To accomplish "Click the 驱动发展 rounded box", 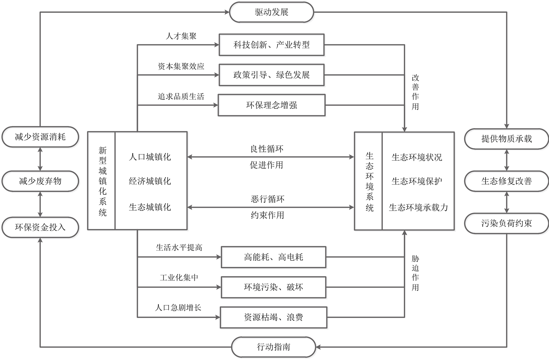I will (x=271, y=12).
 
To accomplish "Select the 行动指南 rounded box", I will (x=273, y=347).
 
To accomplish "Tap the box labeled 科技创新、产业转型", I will (x=271, y=45).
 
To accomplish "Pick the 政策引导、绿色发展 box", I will (x=271, y=75).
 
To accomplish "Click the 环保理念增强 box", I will (x=271, y=105).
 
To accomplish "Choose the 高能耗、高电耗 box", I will (x=273, y=257).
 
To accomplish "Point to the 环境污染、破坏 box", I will (x=273, y=287).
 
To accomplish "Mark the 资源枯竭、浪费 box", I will (x=273, y=317).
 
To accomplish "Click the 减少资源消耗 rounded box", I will (x=40, y=137).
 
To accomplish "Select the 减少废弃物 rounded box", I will (x=40, y=181).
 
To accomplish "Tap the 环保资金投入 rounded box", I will (x=40, y=227).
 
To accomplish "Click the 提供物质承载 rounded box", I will (x=506, y=139).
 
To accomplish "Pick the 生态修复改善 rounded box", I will (x=506, y=181).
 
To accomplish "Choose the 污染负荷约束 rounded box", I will (x=506, y=223).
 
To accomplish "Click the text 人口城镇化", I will (x=150, y=157).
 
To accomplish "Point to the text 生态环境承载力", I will (x=418, y=208).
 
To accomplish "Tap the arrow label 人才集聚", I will (x=181, y=36).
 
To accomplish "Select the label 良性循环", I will (x=267, y=149).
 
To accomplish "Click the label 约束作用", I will (x=267, y=215).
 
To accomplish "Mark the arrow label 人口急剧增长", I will (x=178, y=308).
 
